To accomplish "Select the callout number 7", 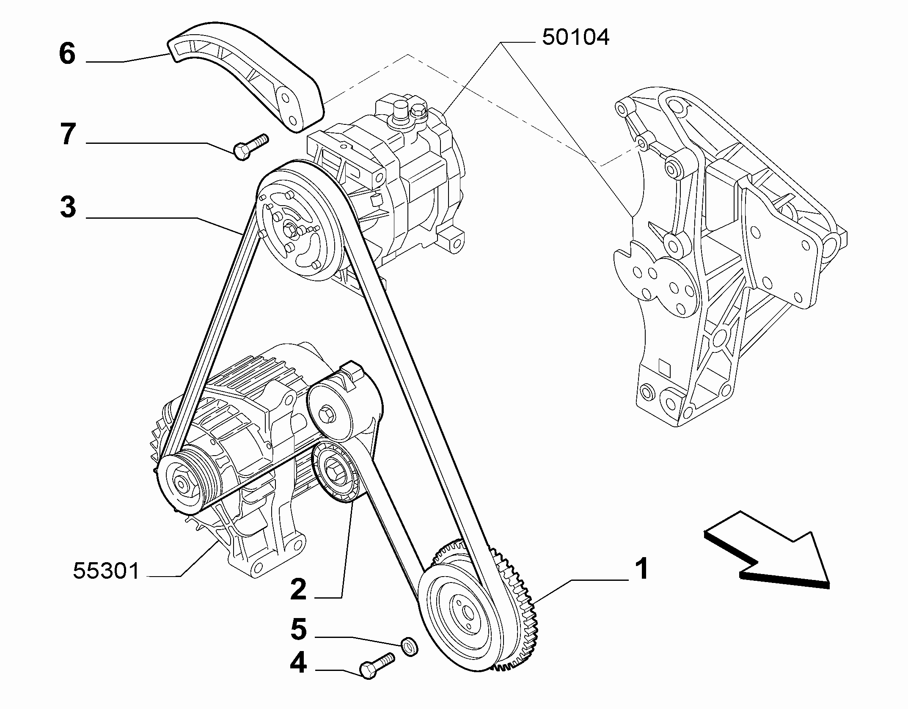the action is point(68,134).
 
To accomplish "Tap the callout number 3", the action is point(68,207).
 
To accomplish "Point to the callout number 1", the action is point(642,569).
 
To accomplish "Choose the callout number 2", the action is point(298,589).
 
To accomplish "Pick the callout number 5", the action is point(298,641).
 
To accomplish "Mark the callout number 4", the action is point(298,675).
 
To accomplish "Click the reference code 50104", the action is point(575,37).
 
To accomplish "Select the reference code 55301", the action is point(106,571).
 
